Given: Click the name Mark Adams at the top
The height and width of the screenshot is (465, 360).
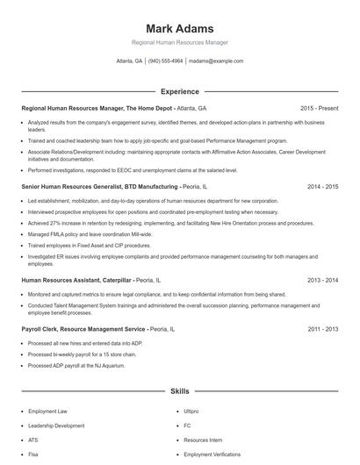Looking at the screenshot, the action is (179, 29).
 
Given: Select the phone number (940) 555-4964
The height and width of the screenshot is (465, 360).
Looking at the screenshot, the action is (165, 61).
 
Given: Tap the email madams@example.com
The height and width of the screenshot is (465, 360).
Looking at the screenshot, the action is (216, 61).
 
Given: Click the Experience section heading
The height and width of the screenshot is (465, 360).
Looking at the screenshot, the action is (179, 91).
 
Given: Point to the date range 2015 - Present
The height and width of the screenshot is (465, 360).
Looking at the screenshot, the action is (319, 108).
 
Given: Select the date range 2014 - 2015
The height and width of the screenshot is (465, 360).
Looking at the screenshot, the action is (322, 187).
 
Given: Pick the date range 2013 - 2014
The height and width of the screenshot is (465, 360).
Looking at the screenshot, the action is (322, 280).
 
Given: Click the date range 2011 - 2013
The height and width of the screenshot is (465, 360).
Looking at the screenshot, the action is (322, 328).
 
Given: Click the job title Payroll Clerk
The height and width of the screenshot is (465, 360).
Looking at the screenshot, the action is (41, 328).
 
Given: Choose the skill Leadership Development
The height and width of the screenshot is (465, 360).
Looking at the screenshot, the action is (56, 426).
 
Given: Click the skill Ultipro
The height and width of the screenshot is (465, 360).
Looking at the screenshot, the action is (192, 411).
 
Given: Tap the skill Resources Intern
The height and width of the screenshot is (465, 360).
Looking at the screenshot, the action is (203, 440).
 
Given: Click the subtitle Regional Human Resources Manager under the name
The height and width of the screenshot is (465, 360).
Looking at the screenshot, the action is (179, 42).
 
